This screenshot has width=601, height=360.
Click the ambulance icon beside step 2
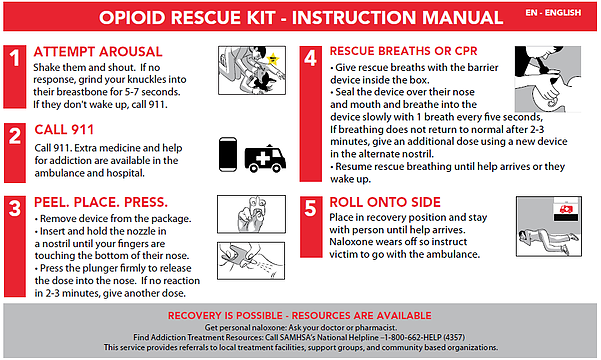[x=265, y=158]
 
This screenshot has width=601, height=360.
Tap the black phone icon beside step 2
[x=228, y=154]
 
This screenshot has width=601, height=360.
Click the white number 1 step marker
[x=15, y=58]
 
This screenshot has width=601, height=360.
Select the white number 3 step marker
[x=15, y=208]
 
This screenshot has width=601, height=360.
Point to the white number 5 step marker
[x=310, y=208]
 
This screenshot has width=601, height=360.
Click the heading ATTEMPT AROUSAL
[x=98, y=52]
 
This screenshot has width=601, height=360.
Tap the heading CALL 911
[x=64, y=130]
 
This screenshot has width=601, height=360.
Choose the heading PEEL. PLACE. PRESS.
[x=101, y=202]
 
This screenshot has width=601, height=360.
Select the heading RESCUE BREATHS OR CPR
[x=403, y=51]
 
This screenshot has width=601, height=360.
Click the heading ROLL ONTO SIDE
[x=385, y=202]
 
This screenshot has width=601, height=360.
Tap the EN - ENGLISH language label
[x=553, y=13]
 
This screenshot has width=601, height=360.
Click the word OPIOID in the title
[x=132, y=18]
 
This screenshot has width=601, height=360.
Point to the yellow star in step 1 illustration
[x=273, y=59]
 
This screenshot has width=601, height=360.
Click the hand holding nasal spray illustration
[x=251, y=214]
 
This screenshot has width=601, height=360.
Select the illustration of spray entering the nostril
[x=251, y=261]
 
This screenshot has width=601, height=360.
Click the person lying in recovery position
[x=547, y=239]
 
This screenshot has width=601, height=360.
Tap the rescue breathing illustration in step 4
[x=548, y=79]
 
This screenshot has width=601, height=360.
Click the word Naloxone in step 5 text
[x=349, y=242]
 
